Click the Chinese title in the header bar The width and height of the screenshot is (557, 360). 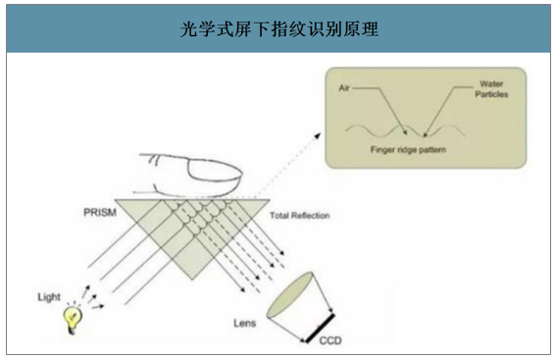click(278, 28)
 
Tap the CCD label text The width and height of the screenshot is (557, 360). click(331, 343)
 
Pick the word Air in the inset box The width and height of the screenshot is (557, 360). click(344, 87)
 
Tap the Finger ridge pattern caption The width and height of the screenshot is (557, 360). click(407, 151)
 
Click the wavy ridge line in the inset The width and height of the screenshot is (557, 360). click(392, 129)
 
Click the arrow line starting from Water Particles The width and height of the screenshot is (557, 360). click(446, 108)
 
